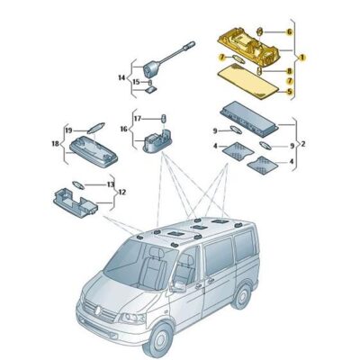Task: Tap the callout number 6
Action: [290, 31]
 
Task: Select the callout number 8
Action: [290, 70]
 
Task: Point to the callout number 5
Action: [290, 91]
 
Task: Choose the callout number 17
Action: [137, 118]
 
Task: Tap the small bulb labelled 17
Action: [164, 118]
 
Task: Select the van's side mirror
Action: [177, 286]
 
